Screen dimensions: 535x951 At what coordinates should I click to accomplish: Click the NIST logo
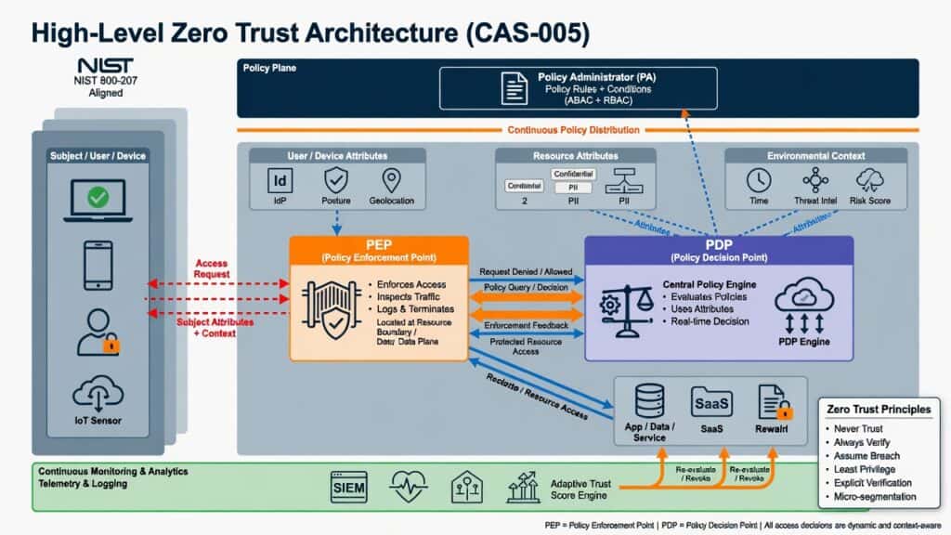(x=98, y=66)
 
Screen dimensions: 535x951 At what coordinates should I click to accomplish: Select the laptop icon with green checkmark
(x=98, y=198)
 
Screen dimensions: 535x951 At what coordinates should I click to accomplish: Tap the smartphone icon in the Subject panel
(x=98, y=265)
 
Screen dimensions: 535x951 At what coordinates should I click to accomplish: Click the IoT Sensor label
(x=98, y=420)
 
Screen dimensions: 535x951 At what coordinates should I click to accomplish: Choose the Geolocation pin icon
(x=390, y=180)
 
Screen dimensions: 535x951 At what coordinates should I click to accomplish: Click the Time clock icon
(x=759, y=180)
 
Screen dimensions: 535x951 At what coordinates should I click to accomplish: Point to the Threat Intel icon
(x=814, y=180)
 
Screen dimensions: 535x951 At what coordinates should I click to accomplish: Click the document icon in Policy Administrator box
(x=515, y=88)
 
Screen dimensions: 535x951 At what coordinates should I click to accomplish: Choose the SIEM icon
(x=349, y=486)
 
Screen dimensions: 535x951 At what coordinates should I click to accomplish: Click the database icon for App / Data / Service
(x=648, y=401)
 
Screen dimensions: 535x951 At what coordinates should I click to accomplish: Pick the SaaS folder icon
(x=712, y=401)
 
